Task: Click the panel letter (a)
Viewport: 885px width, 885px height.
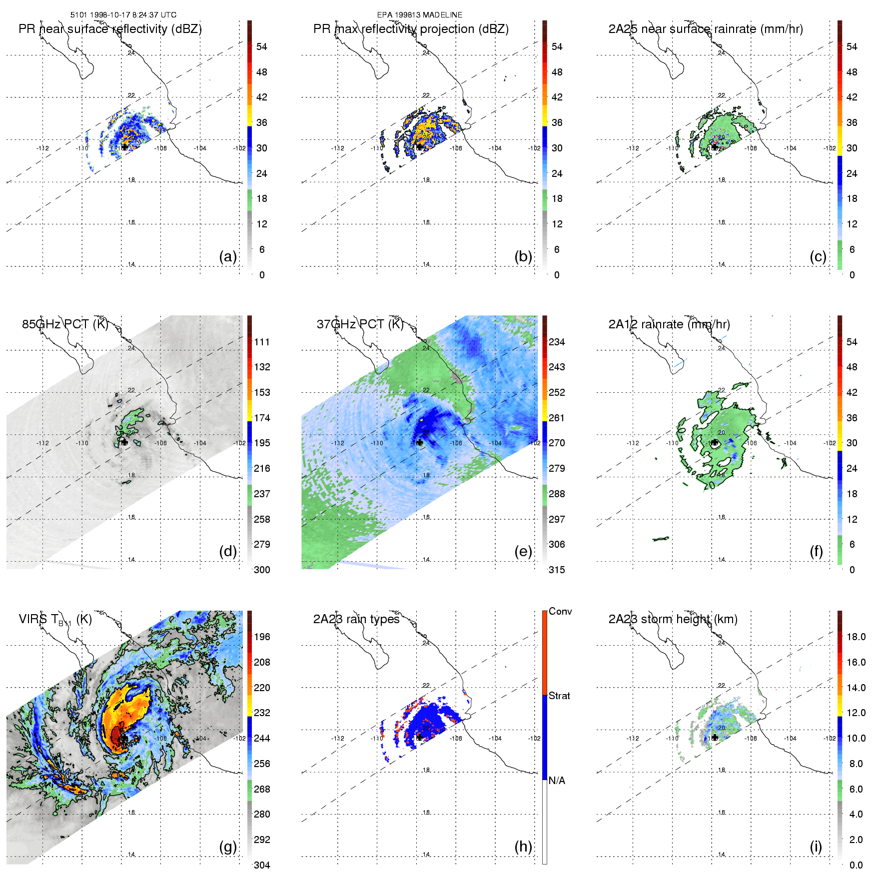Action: (x=228, y=256)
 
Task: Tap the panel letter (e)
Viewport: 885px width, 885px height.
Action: (x=523, y=551)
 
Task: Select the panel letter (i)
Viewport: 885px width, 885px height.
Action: (x=816, y=847)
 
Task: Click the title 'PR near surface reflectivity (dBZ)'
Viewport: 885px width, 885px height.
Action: (x=110, y=29)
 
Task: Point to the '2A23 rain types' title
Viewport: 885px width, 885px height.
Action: (x=356, y=619)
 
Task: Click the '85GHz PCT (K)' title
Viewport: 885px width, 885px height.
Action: (x=65, y=324)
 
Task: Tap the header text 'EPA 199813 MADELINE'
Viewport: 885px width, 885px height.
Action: (x=420, y=15)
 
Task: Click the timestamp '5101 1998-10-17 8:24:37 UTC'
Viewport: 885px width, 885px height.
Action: (x=123, y=15)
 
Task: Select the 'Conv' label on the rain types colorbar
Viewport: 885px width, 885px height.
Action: (x=560, y=611)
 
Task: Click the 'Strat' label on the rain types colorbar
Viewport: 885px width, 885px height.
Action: (x=559, y=696)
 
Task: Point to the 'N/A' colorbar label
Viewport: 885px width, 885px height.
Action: (x=557, y=781)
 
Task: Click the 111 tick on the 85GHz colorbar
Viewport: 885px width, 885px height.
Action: (x=262, y=342)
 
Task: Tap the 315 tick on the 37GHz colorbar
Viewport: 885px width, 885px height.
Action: (x=557, y=570)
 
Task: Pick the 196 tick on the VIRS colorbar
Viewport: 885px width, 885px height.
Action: (x=262, y=637)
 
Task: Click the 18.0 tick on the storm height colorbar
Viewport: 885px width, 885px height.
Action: (x=856, y=637)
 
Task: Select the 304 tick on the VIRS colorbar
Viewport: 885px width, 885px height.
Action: (x=262, y=865)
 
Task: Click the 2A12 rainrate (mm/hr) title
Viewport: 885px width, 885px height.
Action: (x=669, y=324)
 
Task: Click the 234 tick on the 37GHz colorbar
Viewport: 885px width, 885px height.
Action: (x=557, y=342)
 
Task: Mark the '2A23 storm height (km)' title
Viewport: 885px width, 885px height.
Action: (x=673, y=619)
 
